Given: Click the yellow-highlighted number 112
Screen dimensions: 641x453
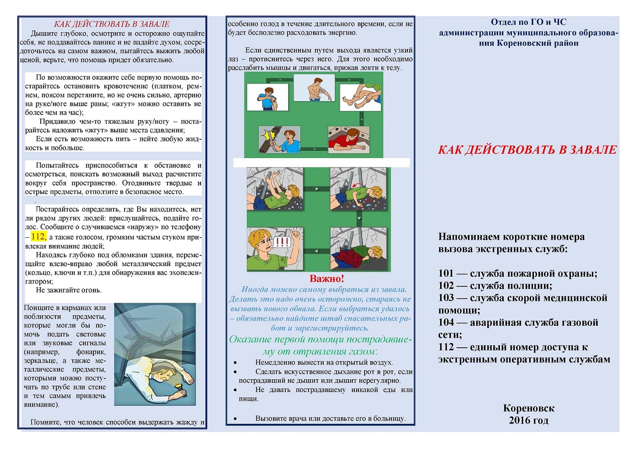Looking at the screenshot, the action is point(38,236).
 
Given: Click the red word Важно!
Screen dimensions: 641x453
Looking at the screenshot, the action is point(327,278).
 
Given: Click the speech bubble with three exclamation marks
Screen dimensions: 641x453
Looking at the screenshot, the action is point(282,242).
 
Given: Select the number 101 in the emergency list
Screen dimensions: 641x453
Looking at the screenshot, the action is point(446,273).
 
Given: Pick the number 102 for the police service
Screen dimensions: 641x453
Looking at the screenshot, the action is point(446,285).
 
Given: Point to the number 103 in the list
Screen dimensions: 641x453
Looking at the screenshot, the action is point(446,298).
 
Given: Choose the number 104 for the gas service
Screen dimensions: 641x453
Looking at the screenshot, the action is point(446,322).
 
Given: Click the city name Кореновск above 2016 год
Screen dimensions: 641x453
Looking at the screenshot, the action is point(528,408).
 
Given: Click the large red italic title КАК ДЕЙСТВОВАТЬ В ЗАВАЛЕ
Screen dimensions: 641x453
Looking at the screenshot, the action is point(527,150).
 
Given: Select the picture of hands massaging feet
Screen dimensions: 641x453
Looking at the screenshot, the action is point(360,97).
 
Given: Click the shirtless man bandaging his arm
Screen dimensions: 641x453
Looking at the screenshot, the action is point(314,87).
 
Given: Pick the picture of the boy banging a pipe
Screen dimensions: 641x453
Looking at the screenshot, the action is point(279,139).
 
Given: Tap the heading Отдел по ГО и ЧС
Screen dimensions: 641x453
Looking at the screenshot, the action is point(528,22).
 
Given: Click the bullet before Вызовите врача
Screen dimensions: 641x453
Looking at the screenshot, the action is point(235,419).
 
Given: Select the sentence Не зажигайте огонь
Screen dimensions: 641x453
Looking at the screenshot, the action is point(69,290).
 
